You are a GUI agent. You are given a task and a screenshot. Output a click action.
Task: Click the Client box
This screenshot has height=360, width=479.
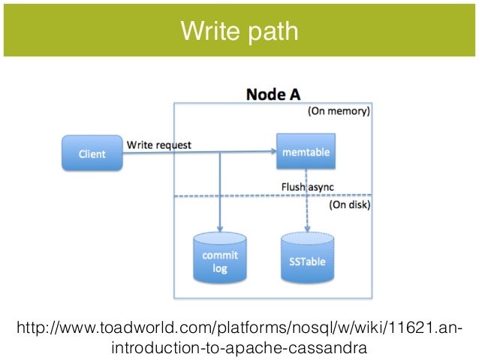click(92, 153)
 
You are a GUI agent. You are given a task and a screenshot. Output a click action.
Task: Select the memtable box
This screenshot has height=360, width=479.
click(306, 151)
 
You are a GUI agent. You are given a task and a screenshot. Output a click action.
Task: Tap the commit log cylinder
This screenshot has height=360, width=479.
click(220, 258)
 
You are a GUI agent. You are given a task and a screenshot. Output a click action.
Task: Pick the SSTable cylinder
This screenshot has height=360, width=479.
click(307, 258)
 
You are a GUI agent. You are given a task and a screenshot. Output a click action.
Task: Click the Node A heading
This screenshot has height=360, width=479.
click(273, 94)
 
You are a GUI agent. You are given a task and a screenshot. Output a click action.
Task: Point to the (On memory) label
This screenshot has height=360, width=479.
click(339, 110)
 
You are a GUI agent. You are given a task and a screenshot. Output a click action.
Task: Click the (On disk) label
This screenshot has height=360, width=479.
click(349, 204)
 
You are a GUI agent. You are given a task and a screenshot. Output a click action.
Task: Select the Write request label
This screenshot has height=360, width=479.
click(159, 144)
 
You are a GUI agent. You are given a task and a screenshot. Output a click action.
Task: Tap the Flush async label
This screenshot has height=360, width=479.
click(308, 186)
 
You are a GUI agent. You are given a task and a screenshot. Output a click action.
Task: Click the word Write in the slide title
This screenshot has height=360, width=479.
click(210, 31)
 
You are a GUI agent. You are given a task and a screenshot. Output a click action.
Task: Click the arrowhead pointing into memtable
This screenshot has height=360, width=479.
click(273, 151)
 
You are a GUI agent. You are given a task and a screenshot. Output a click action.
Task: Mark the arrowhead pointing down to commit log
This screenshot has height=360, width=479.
click(220, 228)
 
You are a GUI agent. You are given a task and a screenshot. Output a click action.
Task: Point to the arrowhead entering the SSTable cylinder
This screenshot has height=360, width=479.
click(307, 228)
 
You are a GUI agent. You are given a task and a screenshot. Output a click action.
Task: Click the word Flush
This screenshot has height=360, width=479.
click(293, 186)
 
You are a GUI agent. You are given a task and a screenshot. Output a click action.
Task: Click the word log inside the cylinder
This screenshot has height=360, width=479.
click(220, 269)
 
